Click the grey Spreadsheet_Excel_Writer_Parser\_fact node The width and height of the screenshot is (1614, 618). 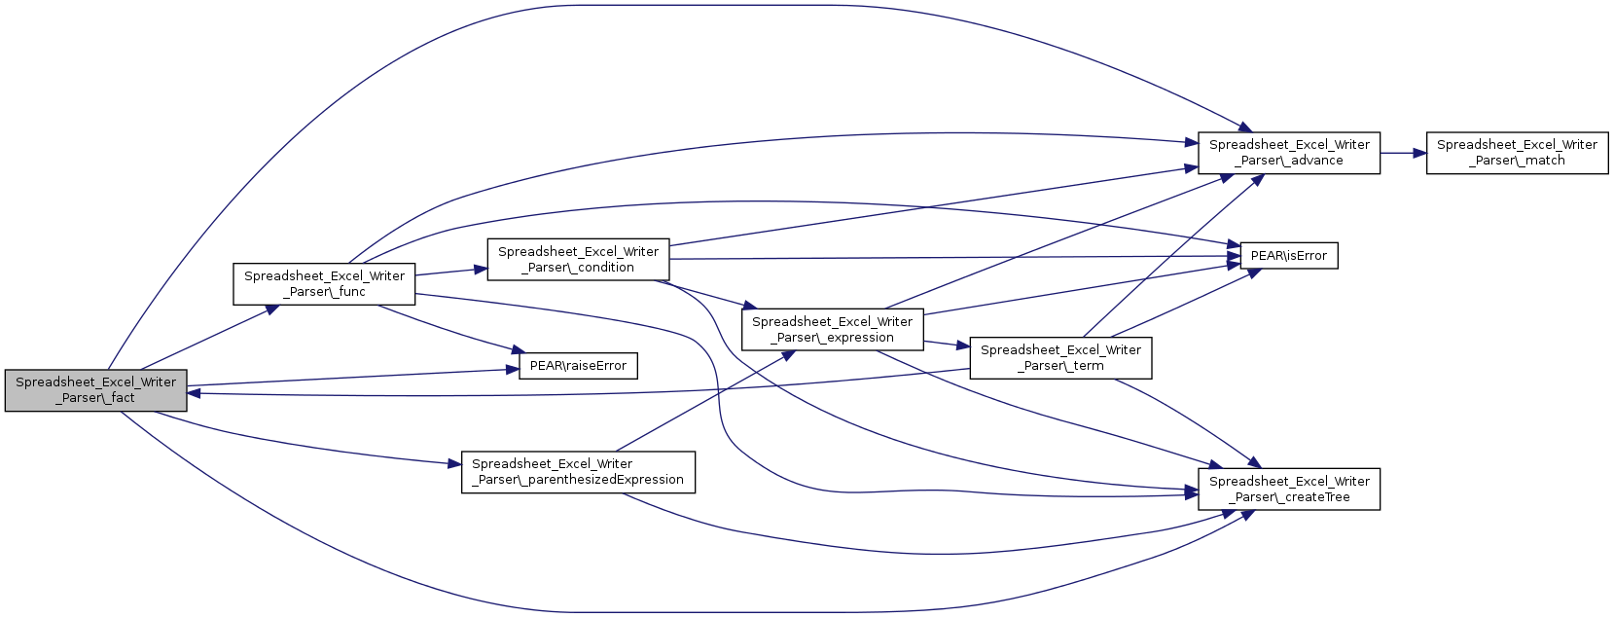[x=96, y=391]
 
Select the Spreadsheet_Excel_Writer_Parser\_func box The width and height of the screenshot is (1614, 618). [x=324, y=283]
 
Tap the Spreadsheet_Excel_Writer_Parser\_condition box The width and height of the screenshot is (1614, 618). [x=578, y=260]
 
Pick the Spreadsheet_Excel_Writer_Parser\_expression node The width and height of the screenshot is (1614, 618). [x=832, y=330]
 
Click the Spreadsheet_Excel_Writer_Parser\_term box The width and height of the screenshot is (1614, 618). [x=1060, y=358]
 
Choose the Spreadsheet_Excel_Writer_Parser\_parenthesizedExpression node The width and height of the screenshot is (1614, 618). [x=578, y=472]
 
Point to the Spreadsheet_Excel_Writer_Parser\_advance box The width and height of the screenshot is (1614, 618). [x=1289, y=153]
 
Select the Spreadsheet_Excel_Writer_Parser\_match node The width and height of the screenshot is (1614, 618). [x=1518, y=153]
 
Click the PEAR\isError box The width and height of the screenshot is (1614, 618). [x=1289, y=256]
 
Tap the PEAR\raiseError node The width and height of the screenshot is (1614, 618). [x=578, y=366]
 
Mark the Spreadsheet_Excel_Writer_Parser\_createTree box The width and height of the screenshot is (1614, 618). [x=1289, y=489]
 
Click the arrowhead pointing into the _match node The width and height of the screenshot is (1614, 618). [x=1420, y=153]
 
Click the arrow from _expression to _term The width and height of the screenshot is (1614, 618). [x=947, y=344]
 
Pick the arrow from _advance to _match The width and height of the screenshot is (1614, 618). [x=1404, y=153]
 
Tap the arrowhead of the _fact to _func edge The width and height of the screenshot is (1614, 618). [x=272, y=308]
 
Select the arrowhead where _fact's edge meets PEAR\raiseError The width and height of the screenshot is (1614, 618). [x=513, y=370]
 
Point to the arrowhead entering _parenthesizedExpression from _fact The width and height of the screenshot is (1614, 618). [x=454, y=464]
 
